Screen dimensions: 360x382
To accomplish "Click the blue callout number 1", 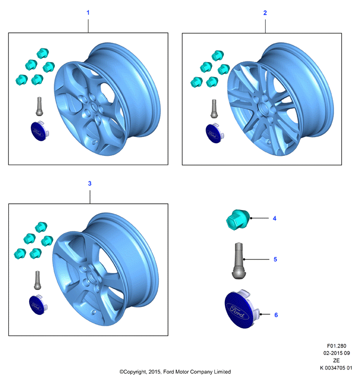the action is point(88,13).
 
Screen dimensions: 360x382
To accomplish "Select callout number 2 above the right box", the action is point(265,13).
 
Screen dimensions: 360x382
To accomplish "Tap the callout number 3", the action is point(90,183).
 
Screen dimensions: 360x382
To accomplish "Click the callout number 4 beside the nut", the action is point(274,218).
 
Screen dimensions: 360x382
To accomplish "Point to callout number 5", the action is point(275,259).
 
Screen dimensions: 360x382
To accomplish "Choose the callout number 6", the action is point(276,315).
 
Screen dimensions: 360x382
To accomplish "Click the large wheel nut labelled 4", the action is point(238,219).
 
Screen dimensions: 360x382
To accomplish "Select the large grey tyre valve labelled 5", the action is point(238,261).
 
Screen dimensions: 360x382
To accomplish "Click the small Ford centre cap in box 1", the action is point(40,131).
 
